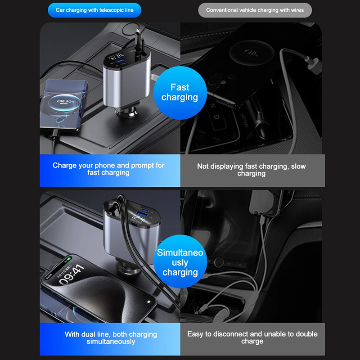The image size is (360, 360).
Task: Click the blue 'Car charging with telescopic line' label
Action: point(94,10)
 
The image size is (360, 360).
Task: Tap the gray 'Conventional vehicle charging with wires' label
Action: point(255,10)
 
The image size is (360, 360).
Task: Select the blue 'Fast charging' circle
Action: point(180,93)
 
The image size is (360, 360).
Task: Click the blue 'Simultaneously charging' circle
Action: point(180,261)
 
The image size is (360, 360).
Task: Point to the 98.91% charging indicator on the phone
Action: point(65,101)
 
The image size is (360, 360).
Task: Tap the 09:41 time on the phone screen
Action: point(72,274)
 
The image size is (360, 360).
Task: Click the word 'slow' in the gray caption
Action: point(298,166)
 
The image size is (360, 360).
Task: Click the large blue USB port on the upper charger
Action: point(120,61)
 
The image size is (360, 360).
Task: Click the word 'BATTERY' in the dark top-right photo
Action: point(244,121)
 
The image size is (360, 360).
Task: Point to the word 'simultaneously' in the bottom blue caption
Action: point(111,342)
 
